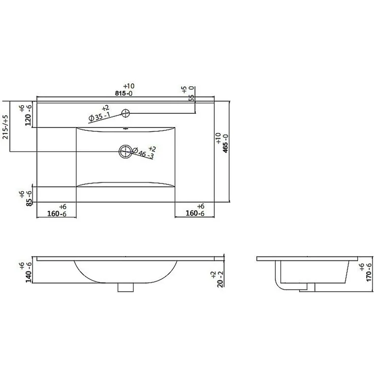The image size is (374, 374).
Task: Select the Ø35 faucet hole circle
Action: click(126, 113)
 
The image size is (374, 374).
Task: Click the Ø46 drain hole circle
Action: click(126, 151)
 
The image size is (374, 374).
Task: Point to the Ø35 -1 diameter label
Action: click(99, 117)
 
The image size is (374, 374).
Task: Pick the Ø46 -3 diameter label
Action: click(143, 153)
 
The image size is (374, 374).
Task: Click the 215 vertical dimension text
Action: click(5, 127)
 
